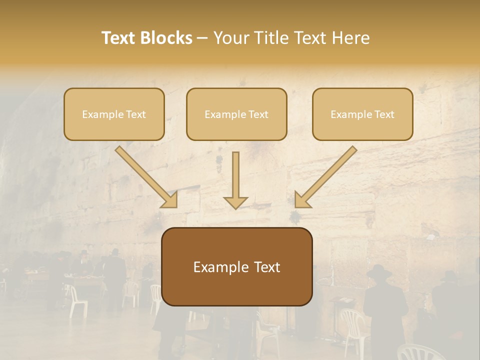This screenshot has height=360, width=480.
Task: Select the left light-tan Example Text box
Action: click(x=114, y=114)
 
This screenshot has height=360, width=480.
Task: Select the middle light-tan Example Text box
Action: click(x=236, y=114)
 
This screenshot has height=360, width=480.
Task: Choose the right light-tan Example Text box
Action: click(x=362, y=114)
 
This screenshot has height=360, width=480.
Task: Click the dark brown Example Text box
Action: click(x=236, y=266)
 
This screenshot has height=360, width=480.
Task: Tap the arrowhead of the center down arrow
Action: click(x=235, y=202)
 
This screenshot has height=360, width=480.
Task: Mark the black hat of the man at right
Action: click(x=379, y=272)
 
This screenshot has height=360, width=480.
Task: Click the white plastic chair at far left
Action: click(x=77, y=300)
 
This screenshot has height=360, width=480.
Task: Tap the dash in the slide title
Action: click(x=202, y=38)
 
